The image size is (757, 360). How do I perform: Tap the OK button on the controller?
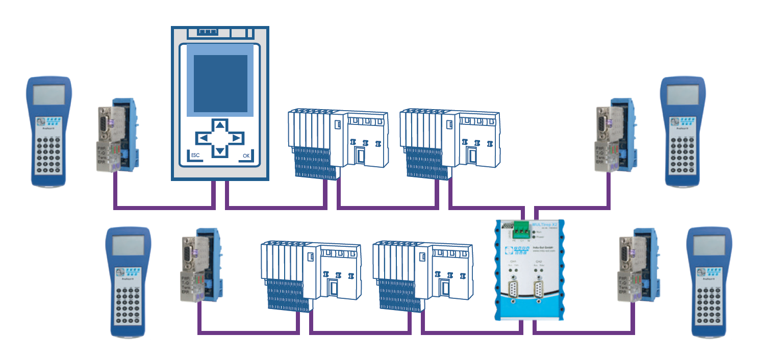click(x=246, y=156)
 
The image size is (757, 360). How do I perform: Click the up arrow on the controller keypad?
click(x=219, y=125)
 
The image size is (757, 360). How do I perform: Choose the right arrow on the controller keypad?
click(x=236, y=138)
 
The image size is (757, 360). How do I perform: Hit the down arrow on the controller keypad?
click(x=219, y=151)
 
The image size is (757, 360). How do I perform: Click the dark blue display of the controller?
click(x=220, y=83)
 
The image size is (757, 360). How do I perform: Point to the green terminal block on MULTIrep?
click(x=521, y=231)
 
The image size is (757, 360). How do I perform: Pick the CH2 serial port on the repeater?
click(x=539, y=291)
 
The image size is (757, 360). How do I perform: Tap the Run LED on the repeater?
click(x=534, y=231)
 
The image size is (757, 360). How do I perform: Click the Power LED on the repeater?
click(x=534, y=237)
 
